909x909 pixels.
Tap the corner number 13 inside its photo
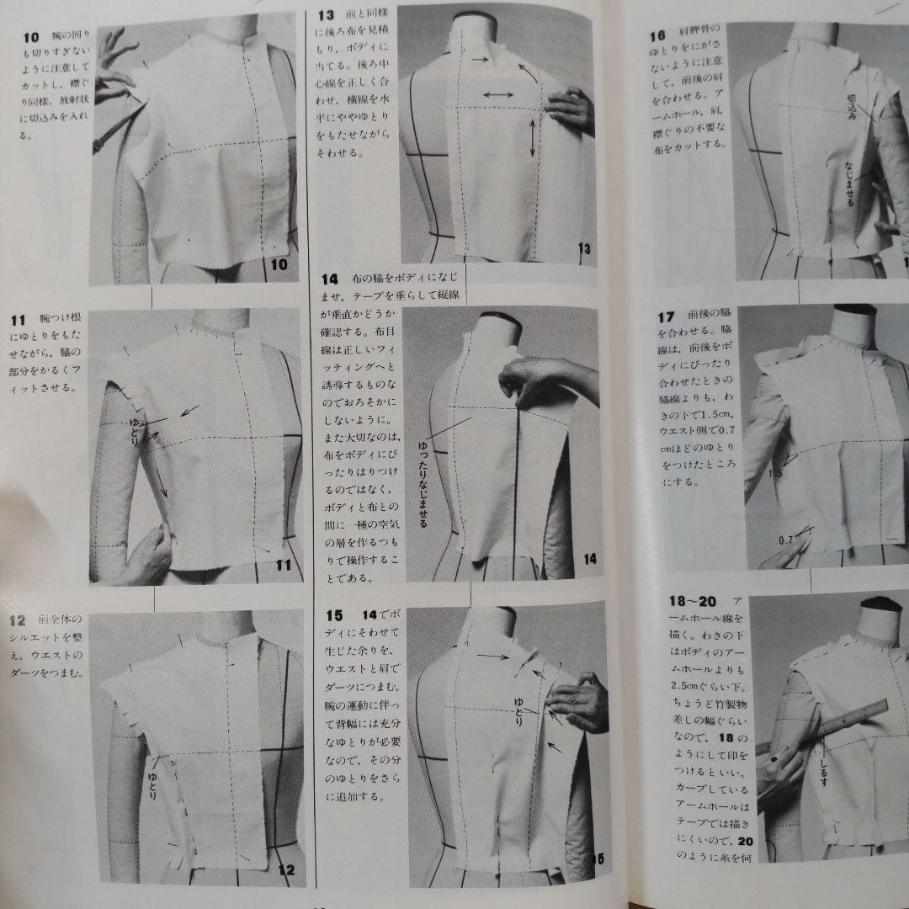[x=584, y=248]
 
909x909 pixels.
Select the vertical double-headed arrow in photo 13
[x=533, y=138]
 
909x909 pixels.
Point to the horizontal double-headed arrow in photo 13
[x=498, y=96]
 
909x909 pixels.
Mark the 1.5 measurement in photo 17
[x=776, y=474]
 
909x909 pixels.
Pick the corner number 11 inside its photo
[x=282, y=565]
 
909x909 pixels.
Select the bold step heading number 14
[x=329, y=279]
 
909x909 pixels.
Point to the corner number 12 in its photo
[x=285, y=869]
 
